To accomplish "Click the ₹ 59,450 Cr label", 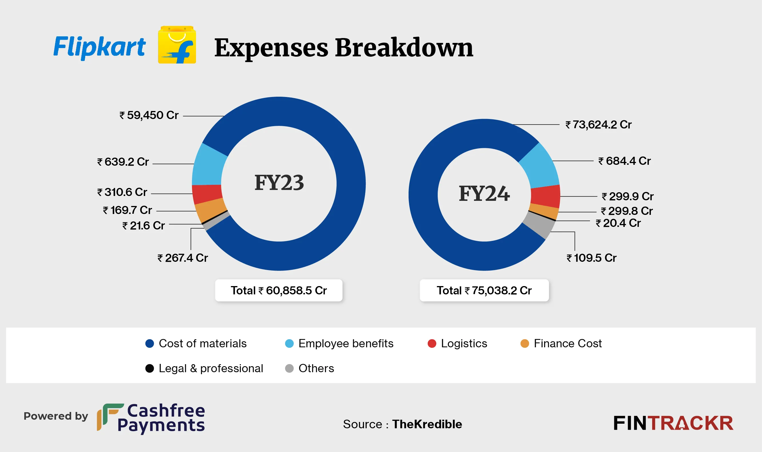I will (x=149, y=116).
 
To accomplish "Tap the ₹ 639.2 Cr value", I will (x=123, y=162).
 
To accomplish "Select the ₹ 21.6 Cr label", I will (x=144, y=226).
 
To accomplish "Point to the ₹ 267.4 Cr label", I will (x=183, y=258).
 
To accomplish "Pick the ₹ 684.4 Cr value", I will (x=625, y=161).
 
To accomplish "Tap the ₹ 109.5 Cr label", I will (x=591, y=258).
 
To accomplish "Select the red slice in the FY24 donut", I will (x=545, y=197).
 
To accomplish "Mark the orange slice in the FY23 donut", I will (x=210, y=210).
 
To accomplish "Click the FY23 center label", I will (x=279, y=183).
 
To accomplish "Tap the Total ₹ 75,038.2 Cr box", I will (x=484, y=291).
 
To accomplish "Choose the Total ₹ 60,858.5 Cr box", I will (x=279, y=291).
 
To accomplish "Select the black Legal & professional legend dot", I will (x=150, y=368).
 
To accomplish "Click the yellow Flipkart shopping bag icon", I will (x=177, y=45).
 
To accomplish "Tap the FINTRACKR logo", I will (x=673, y=423).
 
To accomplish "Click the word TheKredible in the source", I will (x=427, y=424).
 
